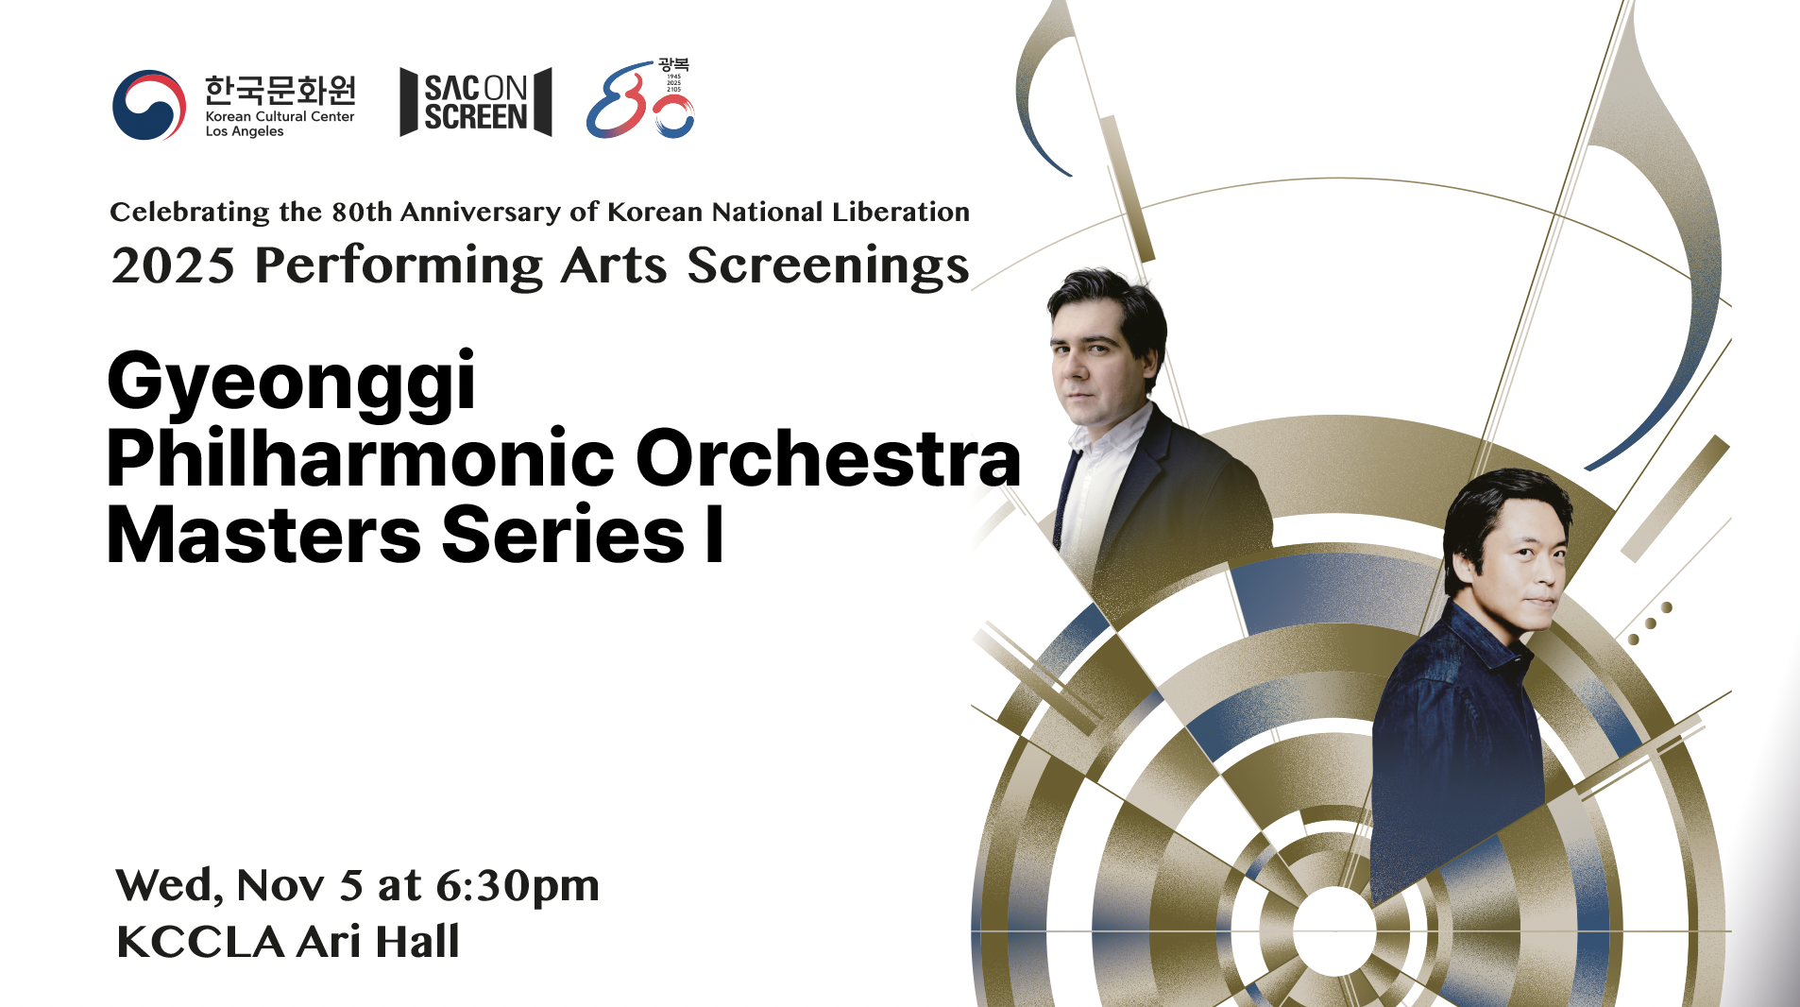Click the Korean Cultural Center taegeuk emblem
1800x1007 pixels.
pos(148,105)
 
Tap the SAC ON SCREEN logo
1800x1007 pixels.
pos(475,102)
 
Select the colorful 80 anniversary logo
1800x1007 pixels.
pos(639,100)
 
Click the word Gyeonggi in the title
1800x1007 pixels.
pos(291,383)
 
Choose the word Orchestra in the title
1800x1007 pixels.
pos(827,459)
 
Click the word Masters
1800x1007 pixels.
pos(263,536)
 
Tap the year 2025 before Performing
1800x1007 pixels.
pos(172,265)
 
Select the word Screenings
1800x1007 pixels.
pos(827,265)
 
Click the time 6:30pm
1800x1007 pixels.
pos(517,886)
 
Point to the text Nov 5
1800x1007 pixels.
pos(299,886)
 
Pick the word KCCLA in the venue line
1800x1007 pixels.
pos(200,942)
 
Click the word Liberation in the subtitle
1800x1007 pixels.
pos(900,212)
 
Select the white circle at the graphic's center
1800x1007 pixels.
pos(1333,930)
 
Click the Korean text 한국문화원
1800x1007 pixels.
pos(280,91)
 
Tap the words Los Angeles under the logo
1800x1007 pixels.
pos(245,131)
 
